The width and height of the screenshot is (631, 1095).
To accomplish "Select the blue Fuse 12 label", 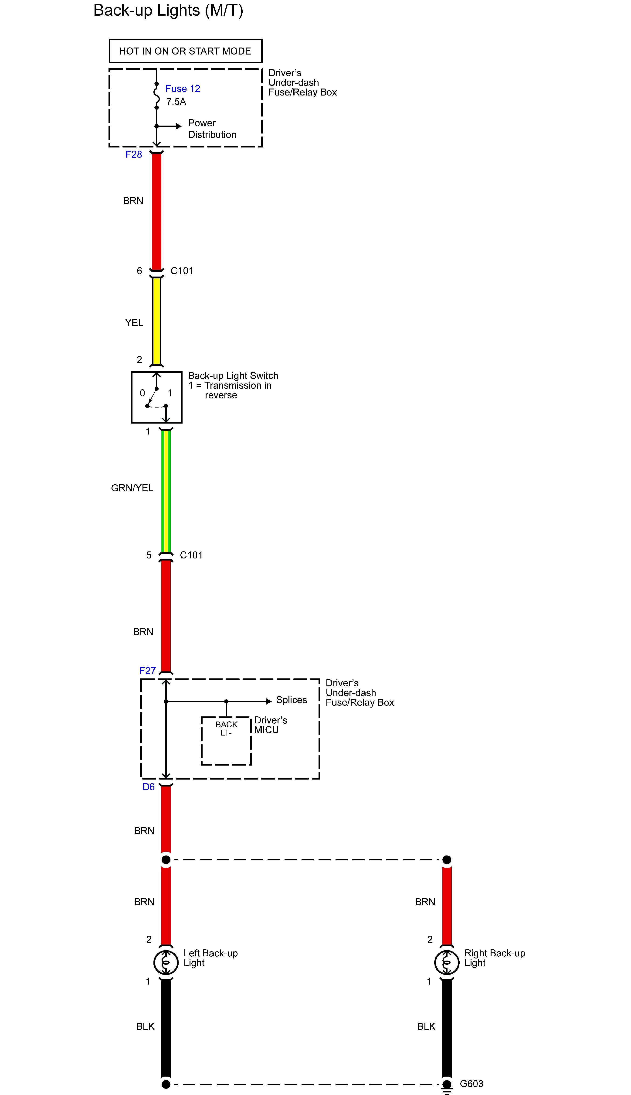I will point(183,89).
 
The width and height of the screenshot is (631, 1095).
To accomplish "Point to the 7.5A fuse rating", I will point(176,102).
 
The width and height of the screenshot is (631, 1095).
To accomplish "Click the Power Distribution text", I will point(212,129).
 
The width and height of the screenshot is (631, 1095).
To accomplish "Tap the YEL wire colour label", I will point(134,322).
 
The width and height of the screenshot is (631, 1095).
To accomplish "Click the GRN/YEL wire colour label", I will point(132,488).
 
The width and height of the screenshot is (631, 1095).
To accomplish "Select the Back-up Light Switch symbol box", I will point(156,397).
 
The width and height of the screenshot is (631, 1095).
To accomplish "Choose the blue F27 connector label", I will point(147,671).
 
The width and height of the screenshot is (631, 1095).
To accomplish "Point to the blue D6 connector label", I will point(148,787).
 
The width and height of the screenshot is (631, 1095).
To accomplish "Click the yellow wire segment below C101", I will point(156,321).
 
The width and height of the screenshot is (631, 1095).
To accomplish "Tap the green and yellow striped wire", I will point(166,490).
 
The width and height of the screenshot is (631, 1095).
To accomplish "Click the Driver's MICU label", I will point(270,725).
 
